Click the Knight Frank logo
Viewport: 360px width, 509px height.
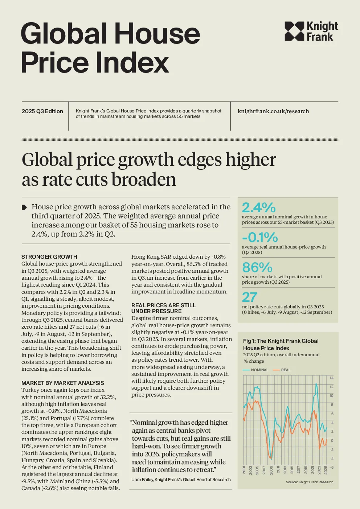(311, 31)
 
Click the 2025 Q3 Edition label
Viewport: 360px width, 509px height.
(42, 111)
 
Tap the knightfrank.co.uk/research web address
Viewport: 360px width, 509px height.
(273, 111)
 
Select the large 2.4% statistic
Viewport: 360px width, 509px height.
(259, 207)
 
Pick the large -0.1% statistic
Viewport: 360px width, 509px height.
(260, 237)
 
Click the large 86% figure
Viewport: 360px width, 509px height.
(257, 267)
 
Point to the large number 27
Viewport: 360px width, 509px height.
(250, 297)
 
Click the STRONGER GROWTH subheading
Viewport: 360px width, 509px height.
(49, 257)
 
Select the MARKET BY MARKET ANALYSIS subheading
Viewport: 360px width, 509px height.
(63, 383)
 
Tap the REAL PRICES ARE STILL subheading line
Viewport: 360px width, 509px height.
(163, 305)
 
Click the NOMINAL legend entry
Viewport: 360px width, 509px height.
(255, 370)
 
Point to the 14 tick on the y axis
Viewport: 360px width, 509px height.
(332, 378)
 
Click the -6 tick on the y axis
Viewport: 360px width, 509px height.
(331, 467)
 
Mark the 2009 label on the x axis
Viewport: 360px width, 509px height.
(271, 470)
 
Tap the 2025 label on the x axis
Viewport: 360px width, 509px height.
(326, 470)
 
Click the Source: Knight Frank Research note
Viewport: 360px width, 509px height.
(310, 482)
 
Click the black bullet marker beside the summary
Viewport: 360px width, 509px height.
(24, 207)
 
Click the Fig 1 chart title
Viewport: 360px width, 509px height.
(281, 345)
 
